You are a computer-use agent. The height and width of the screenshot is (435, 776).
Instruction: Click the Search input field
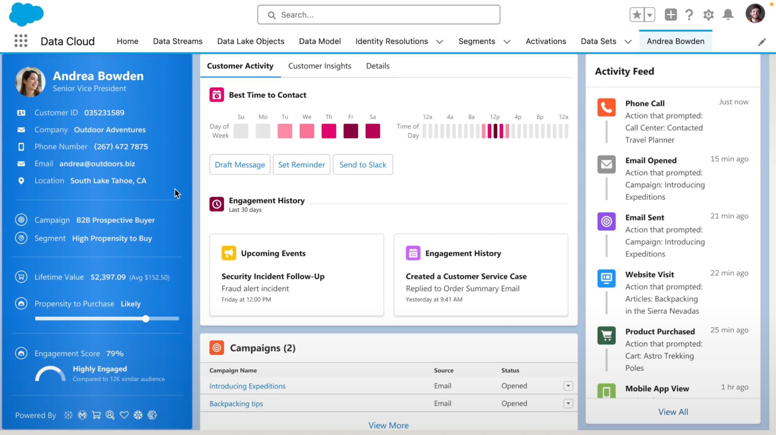[x=378, y=15]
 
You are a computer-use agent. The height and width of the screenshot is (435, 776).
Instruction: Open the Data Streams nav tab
[x=177, y=41]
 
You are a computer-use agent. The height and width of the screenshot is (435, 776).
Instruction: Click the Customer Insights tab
[x=320, y=66]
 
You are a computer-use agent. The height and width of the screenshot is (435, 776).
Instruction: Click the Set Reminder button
[x=301, y=165]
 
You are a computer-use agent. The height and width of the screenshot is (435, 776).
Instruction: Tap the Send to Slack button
[x=362, y=165]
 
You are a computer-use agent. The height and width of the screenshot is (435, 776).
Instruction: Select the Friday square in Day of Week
[x=351, y=131]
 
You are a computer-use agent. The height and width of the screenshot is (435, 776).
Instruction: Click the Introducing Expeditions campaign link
[x=247, y=386]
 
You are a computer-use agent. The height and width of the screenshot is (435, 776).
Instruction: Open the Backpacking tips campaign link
[x=236, y=404]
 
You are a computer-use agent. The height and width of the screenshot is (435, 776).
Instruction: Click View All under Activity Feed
[x=673, y=412]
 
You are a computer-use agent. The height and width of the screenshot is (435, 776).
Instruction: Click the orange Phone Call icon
[x=606, y=108]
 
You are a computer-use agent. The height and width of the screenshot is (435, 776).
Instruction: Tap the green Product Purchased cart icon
[x=606, y=335]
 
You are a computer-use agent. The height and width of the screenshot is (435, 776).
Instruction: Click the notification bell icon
[x=728, y=15]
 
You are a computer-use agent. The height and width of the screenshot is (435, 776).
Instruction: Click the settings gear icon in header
[x=708, y=15]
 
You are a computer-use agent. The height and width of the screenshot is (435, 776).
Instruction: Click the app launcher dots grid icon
[x=21, y=41]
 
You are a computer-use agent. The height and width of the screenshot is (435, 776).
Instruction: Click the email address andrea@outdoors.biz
[x=97, y=164]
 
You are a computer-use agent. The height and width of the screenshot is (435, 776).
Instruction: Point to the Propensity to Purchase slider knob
[x=146, y=319]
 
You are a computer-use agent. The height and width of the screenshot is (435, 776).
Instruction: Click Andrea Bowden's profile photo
[x=30, y=81]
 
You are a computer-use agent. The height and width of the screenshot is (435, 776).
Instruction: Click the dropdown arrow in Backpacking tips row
[x=568, y=404]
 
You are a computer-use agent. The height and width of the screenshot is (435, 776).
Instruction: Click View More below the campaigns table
[x=388, y=426]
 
